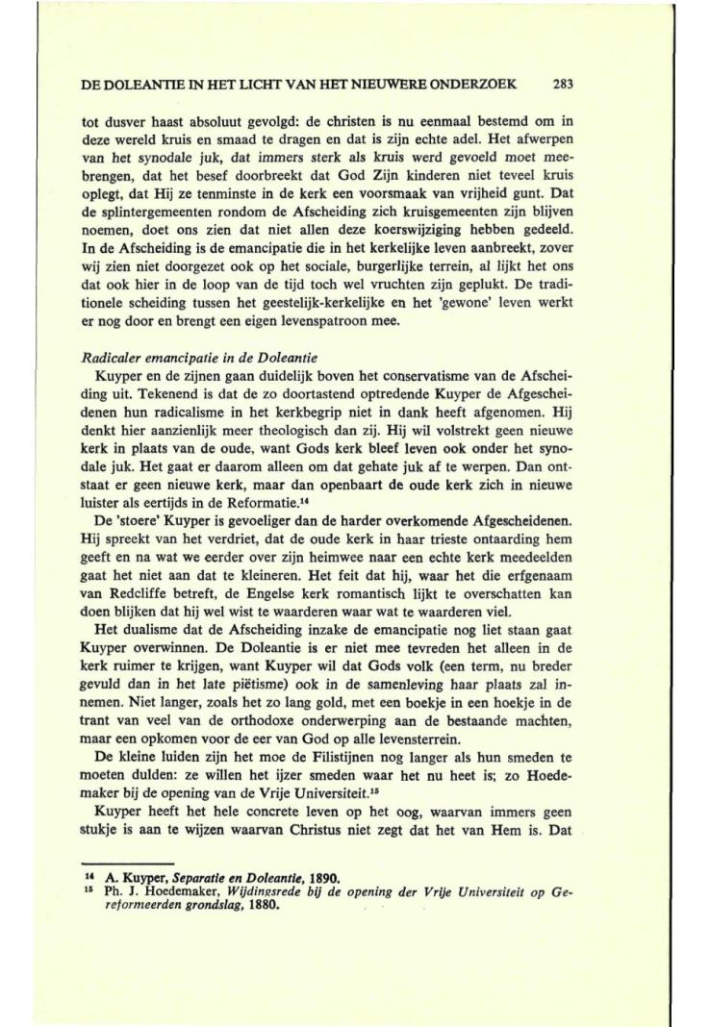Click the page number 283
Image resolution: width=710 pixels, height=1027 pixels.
564,84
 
